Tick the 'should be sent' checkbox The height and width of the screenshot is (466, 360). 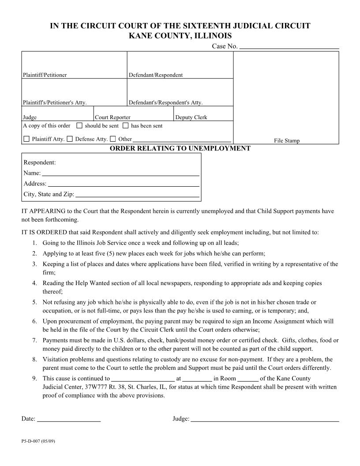79,126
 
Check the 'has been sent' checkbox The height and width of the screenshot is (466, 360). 125,126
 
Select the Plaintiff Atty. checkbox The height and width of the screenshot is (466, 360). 26,139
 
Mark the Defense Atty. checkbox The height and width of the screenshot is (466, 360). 70,139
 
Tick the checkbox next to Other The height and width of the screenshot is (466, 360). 113,139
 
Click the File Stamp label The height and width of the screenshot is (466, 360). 286,141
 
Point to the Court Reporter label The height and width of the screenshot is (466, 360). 112,117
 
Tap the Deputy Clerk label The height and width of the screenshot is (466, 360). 191,117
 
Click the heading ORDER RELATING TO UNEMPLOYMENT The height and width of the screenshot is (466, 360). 180,148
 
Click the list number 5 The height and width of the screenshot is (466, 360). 34,302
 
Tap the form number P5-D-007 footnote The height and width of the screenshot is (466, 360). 37,441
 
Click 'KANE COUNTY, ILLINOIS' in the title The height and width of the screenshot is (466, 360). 180,36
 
